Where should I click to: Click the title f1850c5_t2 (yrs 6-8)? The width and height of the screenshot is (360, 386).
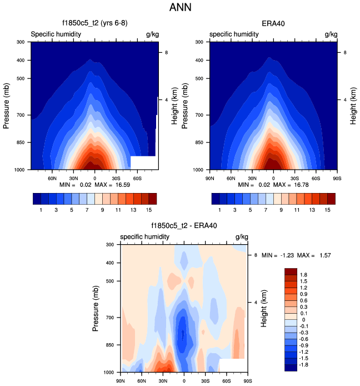[x=94, y=24]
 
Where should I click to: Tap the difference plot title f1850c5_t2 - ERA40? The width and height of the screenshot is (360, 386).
[x=183, y=226]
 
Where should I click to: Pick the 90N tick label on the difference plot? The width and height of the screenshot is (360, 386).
[x=121, y=380]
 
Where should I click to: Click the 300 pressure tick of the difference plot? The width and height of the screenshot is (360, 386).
[x=109, y=245]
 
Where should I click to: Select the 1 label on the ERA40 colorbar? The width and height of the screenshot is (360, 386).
[x=219, y=211]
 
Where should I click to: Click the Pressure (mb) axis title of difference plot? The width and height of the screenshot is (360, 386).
[x=97, y=309]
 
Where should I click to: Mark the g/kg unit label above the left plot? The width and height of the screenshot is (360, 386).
[x=152, y=34]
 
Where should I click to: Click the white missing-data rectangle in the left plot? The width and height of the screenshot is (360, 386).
[x=144, y=162]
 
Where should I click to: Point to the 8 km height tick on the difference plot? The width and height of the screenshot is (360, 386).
[x=255, y=255]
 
